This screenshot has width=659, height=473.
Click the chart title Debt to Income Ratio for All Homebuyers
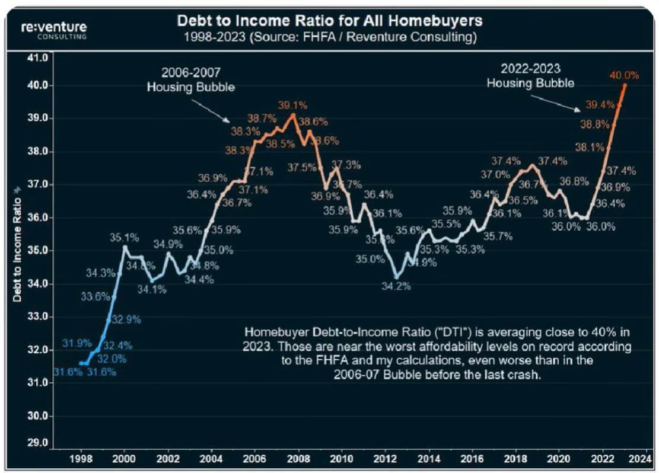pos(329,21)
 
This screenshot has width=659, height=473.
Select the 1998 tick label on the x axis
pos(81,459)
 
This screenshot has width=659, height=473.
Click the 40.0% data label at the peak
pos(624,75)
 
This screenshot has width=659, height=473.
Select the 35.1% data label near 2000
pos(124,238)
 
